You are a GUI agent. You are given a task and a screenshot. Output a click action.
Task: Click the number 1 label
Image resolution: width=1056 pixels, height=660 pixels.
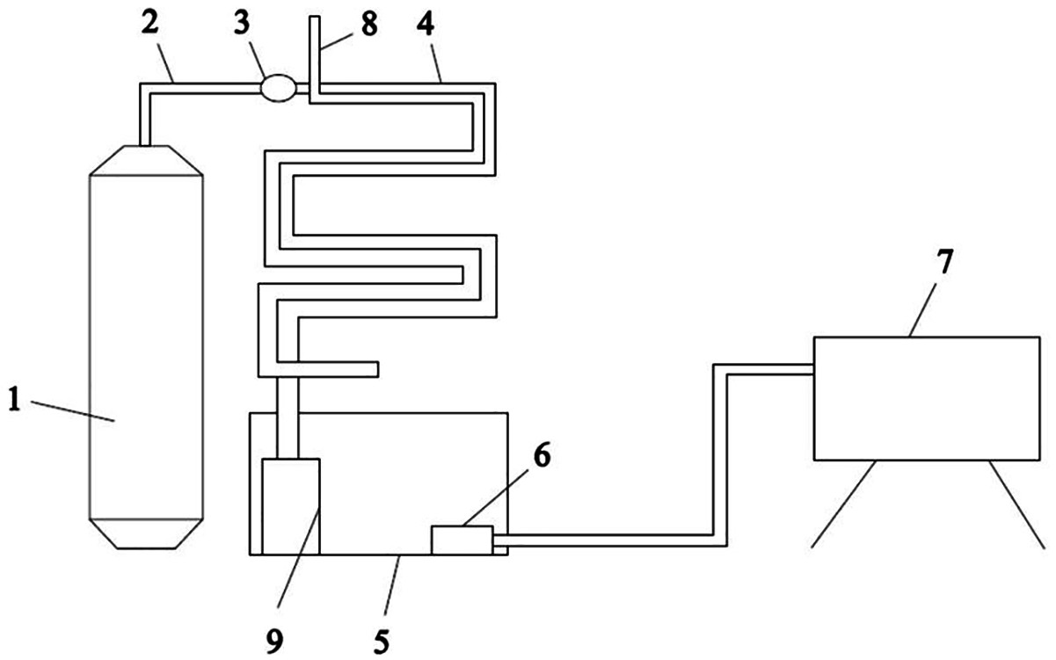[15, 401]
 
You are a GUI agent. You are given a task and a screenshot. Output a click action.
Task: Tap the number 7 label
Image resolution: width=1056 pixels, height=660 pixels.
[945, 262]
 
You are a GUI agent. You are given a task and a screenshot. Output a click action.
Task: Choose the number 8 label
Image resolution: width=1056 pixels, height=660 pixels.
[369, 24]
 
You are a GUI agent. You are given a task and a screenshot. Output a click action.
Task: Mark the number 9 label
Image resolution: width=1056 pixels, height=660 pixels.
[274, 641]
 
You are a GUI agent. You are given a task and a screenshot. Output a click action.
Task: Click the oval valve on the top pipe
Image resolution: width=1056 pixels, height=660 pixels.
[277, 88]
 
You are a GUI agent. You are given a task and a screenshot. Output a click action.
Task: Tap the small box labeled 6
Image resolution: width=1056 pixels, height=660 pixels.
[462, 540]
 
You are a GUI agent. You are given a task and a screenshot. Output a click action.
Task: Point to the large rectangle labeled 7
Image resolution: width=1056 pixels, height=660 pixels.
[927, 398]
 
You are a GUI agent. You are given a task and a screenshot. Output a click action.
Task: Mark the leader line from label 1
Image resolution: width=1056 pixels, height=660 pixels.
[70, 411]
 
